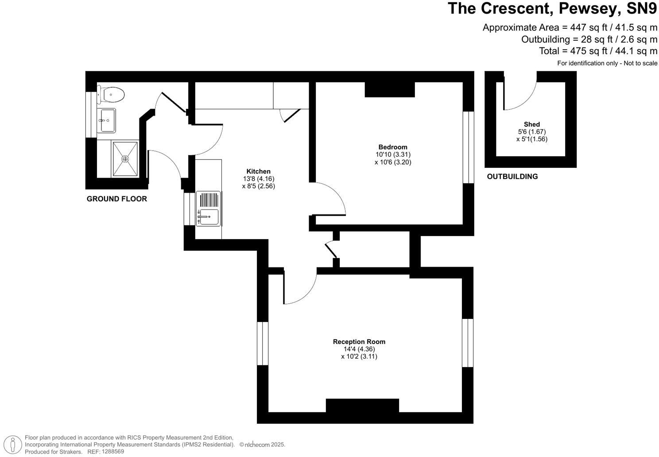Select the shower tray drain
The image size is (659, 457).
[125, 159]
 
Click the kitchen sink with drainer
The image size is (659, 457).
[208, 209]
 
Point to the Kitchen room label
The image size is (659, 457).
[258, 171]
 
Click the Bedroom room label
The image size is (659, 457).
[392, 147]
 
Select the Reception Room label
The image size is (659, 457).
[359, 341]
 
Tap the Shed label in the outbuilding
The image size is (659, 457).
[531, 124]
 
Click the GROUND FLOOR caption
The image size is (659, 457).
[116, 199]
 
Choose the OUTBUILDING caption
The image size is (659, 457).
[512, 176]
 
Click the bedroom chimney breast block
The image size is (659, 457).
[389, 90]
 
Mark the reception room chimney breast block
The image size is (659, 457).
[362, 405]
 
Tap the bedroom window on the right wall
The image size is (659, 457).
[468, 147]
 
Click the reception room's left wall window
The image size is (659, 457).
[263, 344]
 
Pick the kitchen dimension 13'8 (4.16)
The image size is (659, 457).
[258, 179]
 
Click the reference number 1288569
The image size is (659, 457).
[113, 452]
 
